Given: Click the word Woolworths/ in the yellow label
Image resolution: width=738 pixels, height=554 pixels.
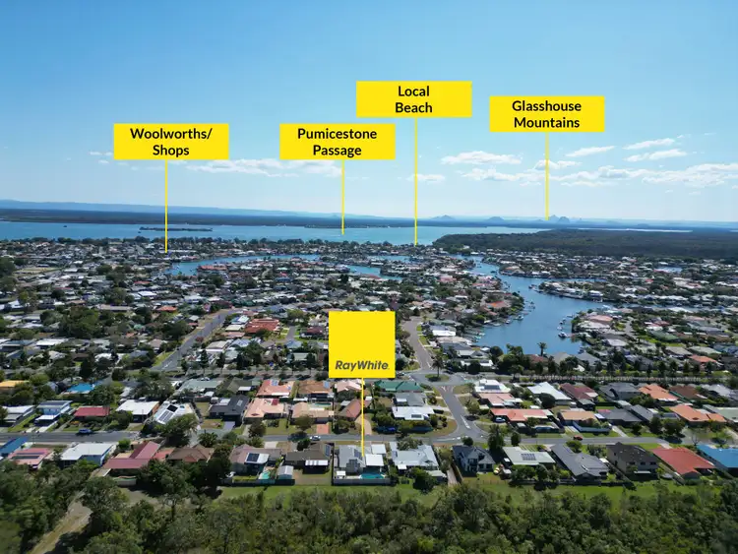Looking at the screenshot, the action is click(x=171, y=134).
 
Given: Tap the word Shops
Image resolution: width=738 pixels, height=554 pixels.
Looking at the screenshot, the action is click(x=171, y=150).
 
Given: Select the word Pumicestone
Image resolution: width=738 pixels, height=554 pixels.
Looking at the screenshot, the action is click(x=337, y=134).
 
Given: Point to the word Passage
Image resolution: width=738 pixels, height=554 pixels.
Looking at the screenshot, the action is click(x=337, y=150).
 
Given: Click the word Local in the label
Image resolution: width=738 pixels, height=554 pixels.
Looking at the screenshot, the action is click(x=413, y=92).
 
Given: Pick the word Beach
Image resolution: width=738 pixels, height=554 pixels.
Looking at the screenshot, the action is click(x=413, y=107).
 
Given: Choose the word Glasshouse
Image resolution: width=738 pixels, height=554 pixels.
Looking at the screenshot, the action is click(x=547, y=106).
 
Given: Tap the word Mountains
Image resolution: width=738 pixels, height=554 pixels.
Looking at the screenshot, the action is click(x=547, y=123).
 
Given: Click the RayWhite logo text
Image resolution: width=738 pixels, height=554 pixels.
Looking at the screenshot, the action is click(x=361, y=365).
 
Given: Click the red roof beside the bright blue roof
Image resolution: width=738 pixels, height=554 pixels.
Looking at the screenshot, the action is click(x=682, y=460).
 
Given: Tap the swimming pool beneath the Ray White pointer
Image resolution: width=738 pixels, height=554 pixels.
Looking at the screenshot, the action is click(x=373, y=475).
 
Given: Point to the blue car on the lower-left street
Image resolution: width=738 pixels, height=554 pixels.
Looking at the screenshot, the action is click(x=85, y=431).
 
